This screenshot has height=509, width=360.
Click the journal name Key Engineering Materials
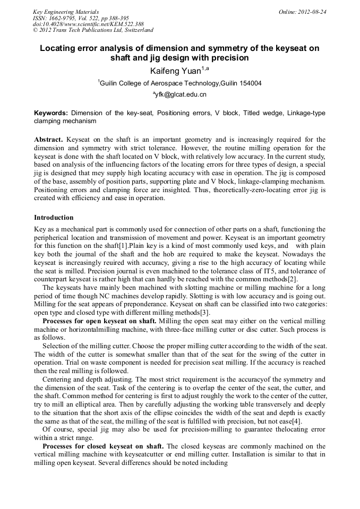65,11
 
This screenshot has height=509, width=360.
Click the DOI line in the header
88,24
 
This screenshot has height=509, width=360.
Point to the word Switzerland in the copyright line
135,30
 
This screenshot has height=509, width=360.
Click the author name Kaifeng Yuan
175,70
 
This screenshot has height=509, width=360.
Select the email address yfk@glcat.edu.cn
181,94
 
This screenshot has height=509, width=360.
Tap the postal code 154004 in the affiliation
249,83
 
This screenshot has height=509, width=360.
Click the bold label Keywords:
51,113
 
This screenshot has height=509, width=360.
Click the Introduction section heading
54,218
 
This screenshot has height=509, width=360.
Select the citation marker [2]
293,279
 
